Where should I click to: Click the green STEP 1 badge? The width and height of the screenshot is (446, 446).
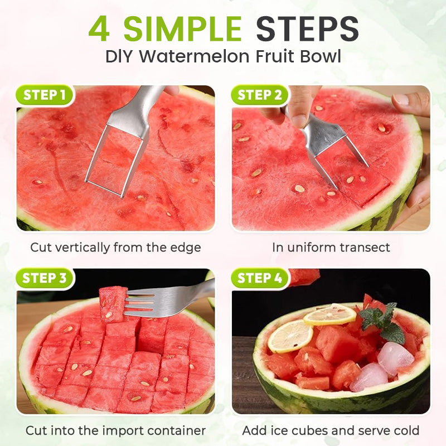point(45,95)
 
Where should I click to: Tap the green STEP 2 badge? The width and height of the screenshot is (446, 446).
point(260,95)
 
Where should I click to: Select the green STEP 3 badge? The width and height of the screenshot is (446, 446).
point(45,278)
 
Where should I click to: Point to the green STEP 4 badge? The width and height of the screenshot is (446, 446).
point(260,278)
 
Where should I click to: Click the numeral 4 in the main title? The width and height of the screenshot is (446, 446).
point(99,29)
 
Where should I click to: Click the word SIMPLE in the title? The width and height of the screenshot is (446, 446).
point(183,29)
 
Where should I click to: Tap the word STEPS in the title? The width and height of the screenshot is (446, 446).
point(307,29)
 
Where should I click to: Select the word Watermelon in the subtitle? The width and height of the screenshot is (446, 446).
point(194,56)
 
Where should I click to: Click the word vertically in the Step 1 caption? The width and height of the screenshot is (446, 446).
point(82,248)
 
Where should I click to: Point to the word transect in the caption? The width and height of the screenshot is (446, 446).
point(365,248)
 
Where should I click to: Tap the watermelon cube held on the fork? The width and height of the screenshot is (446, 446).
point(113,304)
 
